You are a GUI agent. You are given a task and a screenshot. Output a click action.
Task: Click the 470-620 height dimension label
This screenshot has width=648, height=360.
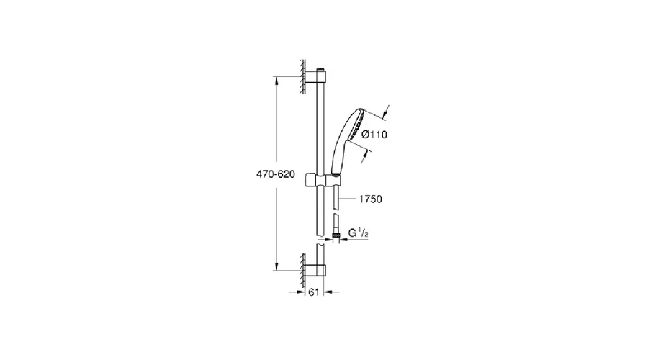click(x=276, y=174)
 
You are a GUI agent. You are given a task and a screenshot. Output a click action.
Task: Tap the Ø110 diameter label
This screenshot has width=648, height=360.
click(x=374, y=135)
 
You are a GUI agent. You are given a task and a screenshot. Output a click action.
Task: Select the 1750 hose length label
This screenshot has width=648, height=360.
click(x=370, y=199)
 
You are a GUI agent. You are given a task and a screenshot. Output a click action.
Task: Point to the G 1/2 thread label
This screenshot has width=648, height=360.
click(x=358, y=233)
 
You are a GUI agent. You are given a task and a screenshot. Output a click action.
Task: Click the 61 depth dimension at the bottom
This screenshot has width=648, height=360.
click(x=314, y=292)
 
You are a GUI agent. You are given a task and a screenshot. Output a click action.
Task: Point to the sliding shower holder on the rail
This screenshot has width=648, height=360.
click(x=323, y=181)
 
